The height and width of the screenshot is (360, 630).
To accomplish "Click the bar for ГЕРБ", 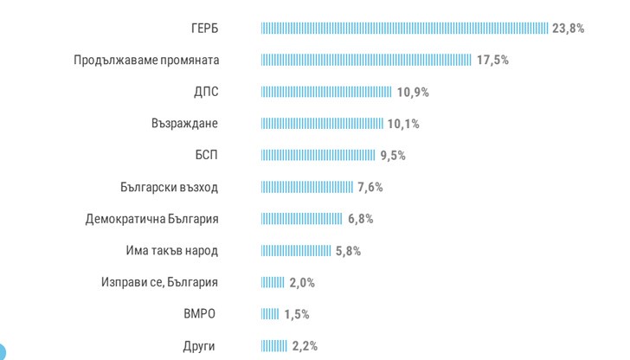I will click(x=404, y=29).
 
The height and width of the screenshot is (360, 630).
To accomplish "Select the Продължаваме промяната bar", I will click(x=366, y=61).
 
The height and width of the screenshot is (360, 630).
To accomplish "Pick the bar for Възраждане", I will click(x=322, y=124).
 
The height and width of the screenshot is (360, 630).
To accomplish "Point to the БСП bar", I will click(x=318, y=156).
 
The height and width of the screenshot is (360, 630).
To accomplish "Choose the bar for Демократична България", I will click(x=302, y=219).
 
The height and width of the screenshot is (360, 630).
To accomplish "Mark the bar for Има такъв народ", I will click(x=296, y=251).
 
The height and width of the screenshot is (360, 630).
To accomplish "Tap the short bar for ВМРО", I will click(x=270, y=314).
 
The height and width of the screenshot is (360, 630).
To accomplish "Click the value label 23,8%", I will click(x=569, y=29).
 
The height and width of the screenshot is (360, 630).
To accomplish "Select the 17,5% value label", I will click(x=492, y=61).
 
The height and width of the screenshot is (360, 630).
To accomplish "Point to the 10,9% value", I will click(x=413, y=92).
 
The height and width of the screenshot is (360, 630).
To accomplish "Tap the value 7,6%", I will click(x=370, y=187).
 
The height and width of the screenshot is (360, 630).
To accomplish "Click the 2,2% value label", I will click(x=305, y=346).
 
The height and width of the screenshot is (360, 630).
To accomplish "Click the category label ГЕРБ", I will click(x=205, y=29).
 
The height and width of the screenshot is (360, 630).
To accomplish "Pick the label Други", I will click(x=199, y=346).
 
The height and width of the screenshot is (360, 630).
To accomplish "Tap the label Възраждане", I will click(x=184, y=124).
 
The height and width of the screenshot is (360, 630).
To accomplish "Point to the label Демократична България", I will click(x=151, y=219).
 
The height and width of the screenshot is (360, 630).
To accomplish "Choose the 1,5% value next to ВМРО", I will click(x=296, y=314).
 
